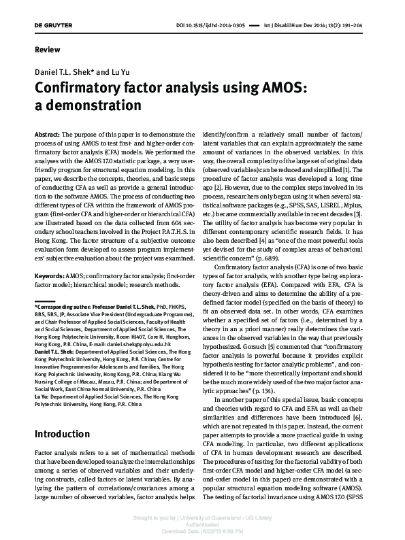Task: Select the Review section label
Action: point(44,51)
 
